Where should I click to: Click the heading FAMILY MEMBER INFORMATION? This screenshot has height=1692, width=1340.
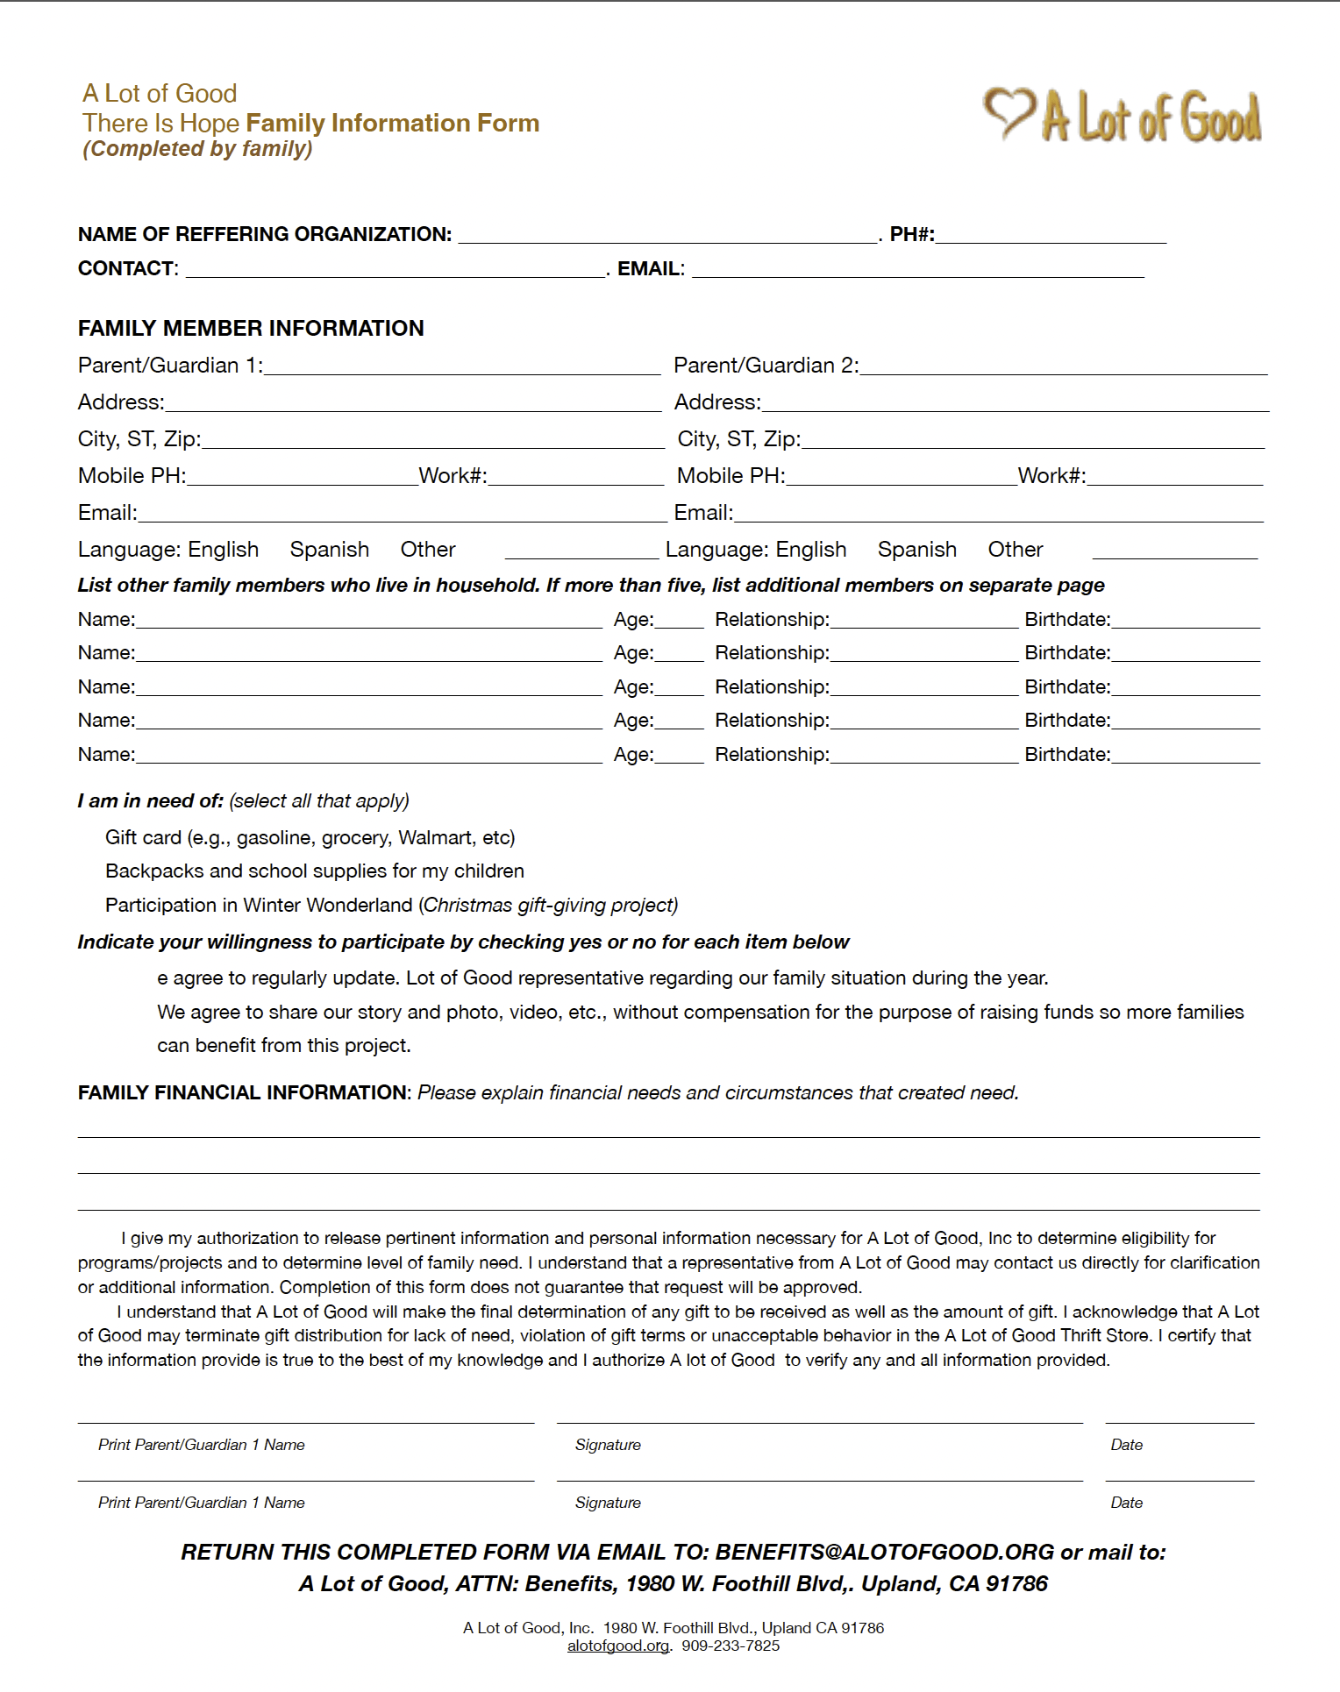point(251,329)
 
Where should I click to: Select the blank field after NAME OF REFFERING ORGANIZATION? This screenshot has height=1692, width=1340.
point(667,235)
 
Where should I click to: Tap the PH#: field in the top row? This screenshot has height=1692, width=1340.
point(1051,235)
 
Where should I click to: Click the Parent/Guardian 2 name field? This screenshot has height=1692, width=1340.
point(1063,366)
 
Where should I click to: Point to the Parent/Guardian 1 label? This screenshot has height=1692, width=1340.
point(170,366)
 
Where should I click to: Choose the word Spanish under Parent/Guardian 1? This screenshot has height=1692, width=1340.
point(329,550)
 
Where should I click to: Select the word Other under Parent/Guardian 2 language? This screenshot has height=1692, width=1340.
point(1015,550)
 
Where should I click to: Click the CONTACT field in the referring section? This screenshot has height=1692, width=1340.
point(395,269)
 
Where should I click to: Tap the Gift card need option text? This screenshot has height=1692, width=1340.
point(310,838)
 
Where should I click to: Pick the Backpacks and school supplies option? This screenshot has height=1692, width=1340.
point(314,871)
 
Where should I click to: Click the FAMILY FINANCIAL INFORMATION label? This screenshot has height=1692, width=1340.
point(243,1093)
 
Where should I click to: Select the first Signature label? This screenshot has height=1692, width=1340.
point(608,1445)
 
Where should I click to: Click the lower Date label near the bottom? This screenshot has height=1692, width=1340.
point(1126,1503)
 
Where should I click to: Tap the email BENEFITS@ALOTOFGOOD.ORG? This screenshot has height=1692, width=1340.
point(884,1553)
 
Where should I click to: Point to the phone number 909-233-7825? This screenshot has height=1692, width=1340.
point(731,1646)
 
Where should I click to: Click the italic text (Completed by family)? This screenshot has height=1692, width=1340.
point(197,149)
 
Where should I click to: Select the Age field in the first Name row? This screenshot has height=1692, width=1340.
point(679,620)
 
